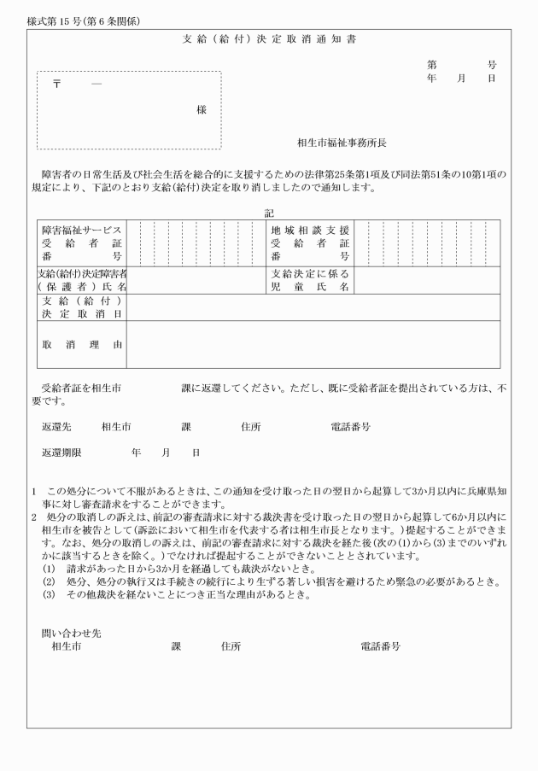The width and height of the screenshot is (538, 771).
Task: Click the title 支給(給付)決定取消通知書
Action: [x=268, y=40]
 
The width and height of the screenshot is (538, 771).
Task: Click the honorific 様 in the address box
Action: [x=201, y=110]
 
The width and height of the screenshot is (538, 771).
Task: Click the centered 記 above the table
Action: [x=269, y=213]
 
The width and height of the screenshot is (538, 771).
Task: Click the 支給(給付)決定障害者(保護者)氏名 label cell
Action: [x=82, y=280]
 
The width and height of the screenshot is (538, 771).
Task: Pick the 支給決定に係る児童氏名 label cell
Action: [x=310, y=280]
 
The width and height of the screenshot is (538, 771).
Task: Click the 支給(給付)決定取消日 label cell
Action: [x=82, y=307]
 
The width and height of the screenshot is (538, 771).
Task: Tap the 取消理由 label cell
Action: [x=82, y=345]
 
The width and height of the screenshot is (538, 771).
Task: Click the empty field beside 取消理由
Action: [x=313, y=345]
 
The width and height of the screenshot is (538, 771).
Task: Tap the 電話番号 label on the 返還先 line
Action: [x=350, y=426]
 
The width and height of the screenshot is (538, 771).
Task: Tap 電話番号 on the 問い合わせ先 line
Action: [x=381, y=646]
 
